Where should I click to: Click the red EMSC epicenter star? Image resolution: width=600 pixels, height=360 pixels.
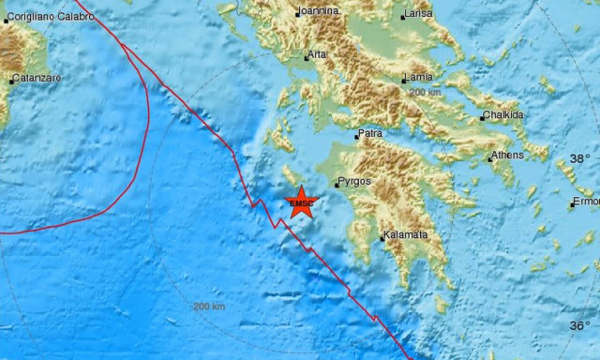pyautogui.click(x=301, y=203)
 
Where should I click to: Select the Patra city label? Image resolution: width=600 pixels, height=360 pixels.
pyautogui.click(x=371, y=134)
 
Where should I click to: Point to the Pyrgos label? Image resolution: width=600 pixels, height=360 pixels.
pyautogui.click(x=355, y=181)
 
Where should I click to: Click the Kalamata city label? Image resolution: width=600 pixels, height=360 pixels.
pyautogui.click(x=406, y=234)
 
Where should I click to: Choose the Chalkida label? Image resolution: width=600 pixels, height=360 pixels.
pyautogui.click(x=503, y=116)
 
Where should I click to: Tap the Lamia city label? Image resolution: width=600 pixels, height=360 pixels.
pyautogui.click(x=418, y=77)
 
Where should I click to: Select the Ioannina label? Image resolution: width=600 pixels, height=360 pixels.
pyautogui.click(x=317, y=11)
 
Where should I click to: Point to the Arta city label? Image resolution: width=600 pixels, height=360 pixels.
pyautogui.click(x=318, y=54)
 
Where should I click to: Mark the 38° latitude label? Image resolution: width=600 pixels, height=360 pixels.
pyautogui.click(x=580, y=158)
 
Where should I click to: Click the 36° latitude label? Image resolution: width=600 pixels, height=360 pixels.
pyautogui.click(x=580, y=325)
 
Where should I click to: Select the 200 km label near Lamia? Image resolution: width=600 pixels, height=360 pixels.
pyautogui.click(x=425, y=93)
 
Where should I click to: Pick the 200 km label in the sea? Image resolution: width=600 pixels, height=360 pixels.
pyautogui.click(x=208, y=307)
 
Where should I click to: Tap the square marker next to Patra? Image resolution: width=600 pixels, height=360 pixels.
pyautogui.click(x=356, y=137)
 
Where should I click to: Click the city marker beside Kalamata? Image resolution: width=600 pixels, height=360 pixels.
pyautogui.click(x=382, y=237)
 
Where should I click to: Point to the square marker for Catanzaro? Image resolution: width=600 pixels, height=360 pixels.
pyautogui.click(x=11, y=82)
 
